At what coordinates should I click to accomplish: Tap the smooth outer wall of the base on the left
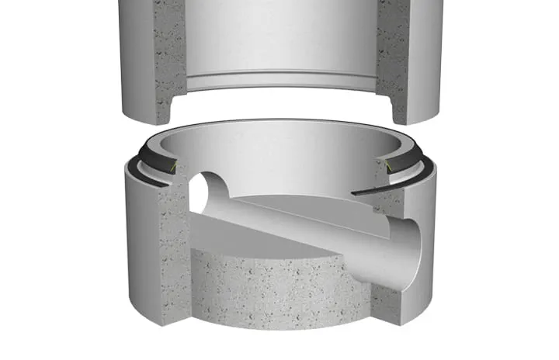coord(140,233)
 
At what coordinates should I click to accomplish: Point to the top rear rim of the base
coord(279,124)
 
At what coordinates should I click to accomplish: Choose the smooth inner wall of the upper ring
coord(279,39)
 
